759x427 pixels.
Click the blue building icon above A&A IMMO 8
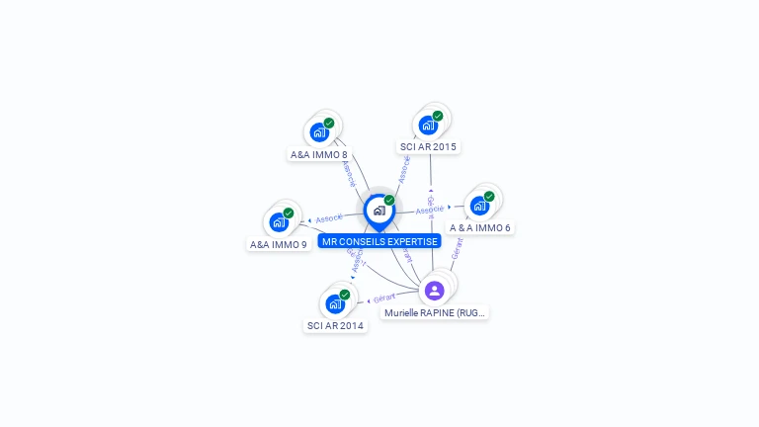pos(319,132)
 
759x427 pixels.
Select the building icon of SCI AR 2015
pos(428,126)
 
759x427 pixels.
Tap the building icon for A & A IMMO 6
pos(479,206)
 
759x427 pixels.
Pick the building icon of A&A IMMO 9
pos(279,222)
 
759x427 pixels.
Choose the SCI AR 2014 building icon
pos(335,303)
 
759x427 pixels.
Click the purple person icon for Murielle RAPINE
pos(434,291)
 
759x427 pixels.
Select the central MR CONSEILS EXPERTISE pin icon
pos(379,211)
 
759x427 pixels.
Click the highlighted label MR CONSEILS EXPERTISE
pos(379,241)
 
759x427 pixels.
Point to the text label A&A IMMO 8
pos(319,154)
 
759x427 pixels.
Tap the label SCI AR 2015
pos(428,146)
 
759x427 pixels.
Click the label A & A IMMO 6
pos(479,227)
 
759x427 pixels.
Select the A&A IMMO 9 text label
pos(279,244)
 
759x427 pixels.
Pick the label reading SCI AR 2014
pos(335,325)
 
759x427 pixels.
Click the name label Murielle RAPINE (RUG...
pos(435,312)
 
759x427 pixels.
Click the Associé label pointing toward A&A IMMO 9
pos(328,217)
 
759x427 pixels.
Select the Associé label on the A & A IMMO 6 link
pos(430,210)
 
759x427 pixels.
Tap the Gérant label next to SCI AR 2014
pos(383,297)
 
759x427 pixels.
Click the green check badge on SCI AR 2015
pos(438,116)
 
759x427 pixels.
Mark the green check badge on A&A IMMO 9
pos(289,213)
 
